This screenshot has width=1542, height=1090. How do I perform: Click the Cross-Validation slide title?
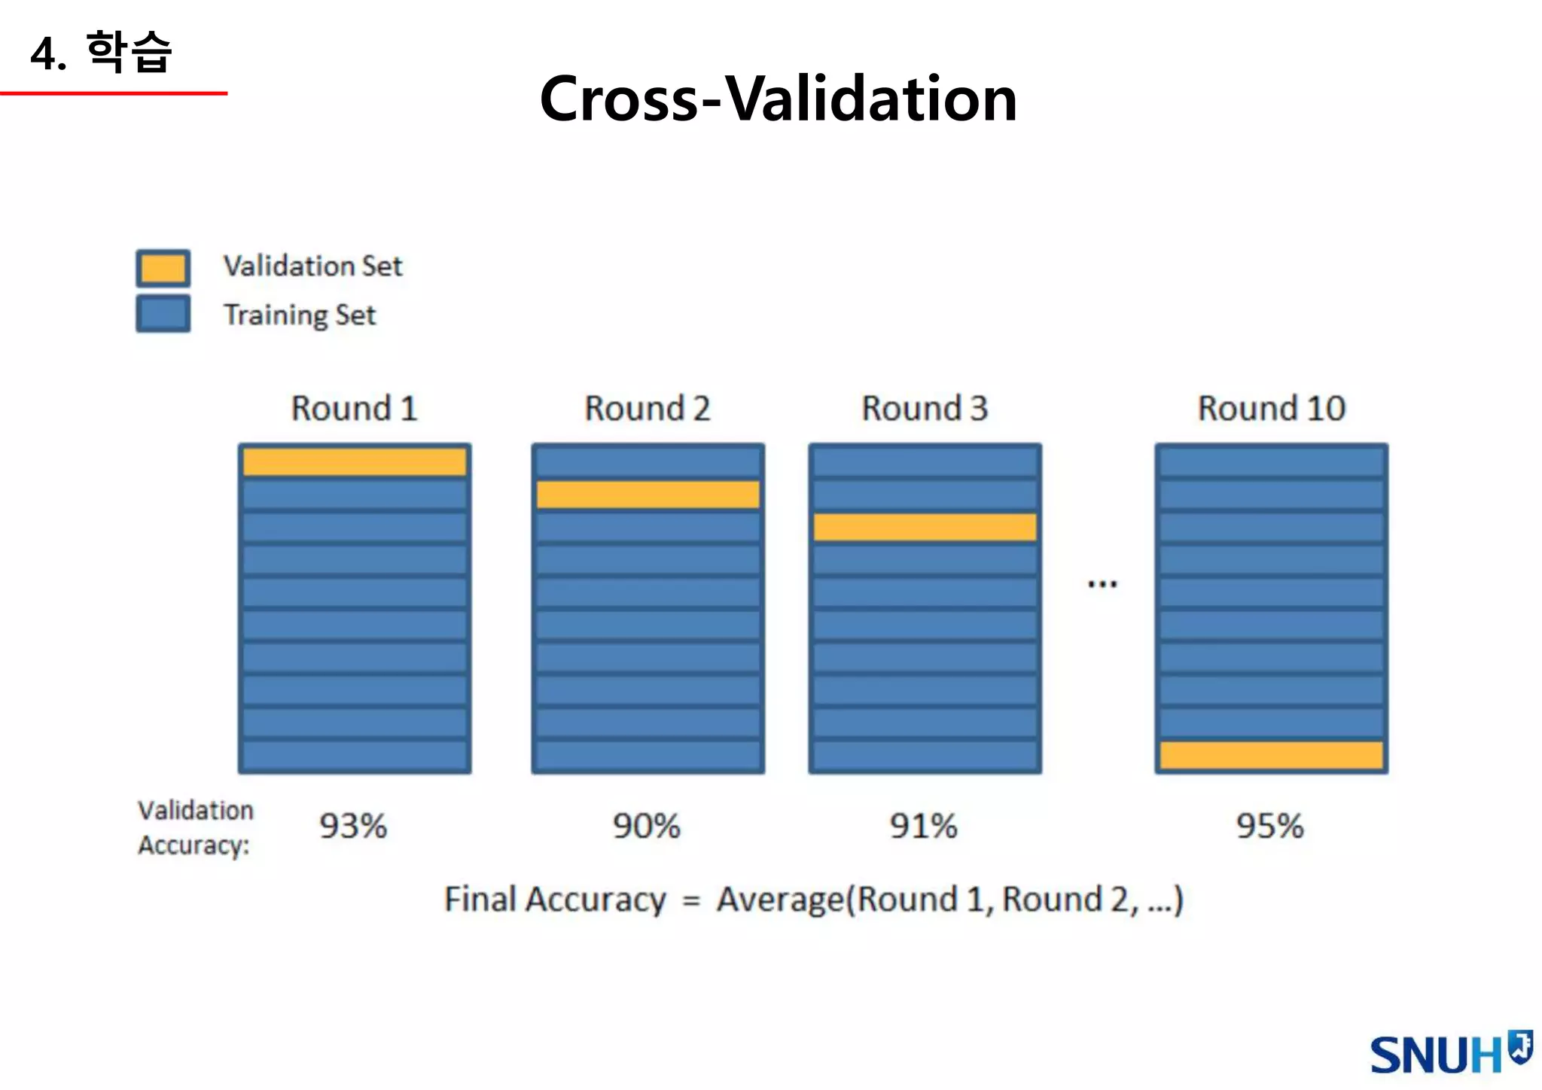pyautogui.click(x=778, y=99)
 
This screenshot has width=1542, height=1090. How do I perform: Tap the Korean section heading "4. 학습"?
pyautogui.click(x=102, y=53)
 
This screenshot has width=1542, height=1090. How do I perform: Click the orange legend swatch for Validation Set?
pyautogui.click(x=163, y=268)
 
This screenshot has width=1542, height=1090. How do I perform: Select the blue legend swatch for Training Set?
pyautogui.click(x=163, y=313)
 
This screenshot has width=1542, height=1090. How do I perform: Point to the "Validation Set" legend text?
pyautogui.click(x=312, y=266)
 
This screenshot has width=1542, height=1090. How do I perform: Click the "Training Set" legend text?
pyautogui.click(x=299, y=315)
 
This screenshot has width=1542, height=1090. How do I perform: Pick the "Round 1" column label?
pyautogui.click(x=354, y=409)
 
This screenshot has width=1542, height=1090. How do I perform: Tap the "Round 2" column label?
pyautogui.click(x=648, y=409)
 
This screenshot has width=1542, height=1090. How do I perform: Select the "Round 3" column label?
pyautogui.click(x=925, y=409)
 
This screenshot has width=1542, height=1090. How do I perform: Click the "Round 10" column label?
pyautogui.click(x=1271, y=409)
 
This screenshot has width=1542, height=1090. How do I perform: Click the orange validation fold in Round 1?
pyautogui.click(x=354, y=461)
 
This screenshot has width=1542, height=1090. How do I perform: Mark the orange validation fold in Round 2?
pyautogui.click(x=648, y=495)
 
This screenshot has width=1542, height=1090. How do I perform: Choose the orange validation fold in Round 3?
pyautogui.click(x=925, y=527)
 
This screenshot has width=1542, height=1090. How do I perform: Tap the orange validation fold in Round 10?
pyautogui.click(x=1271, y=755)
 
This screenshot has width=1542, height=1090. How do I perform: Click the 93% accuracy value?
pyautogui.click(x=353, y=827)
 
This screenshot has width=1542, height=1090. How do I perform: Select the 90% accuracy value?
pyautogui.click(x=646, y=827)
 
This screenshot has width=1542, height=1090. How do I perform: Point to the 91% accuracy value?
pyautogui.click(x=923, y=827)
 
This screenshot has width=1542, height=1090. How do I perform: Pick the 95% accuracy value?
pyautogui.click(x=1269, y=827)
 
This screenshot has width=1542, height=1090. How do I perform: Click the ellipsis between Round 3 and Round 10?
pyautogui.click(x=1102, y=584)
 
